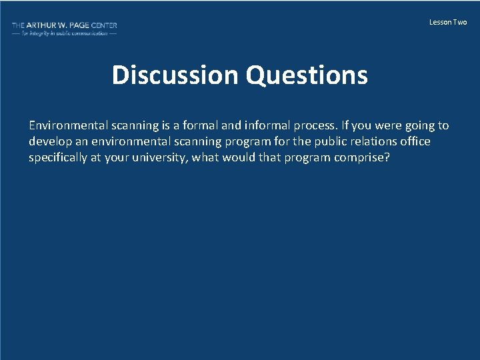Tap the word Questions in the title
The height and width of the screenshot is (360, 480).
[x=307, y=75]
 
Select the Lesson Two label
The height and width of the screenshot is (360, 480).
[x=448, y=23]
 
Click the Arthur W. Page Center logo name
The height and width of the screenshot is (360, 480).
[x=64, y=25]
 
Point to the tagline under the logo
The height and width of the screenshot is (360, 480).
[x=64, y=33]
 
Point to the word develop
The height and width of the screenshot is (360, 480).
[x=49, y=141]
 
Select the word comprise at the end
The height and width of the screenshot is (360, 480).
[x=363, y=158]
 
